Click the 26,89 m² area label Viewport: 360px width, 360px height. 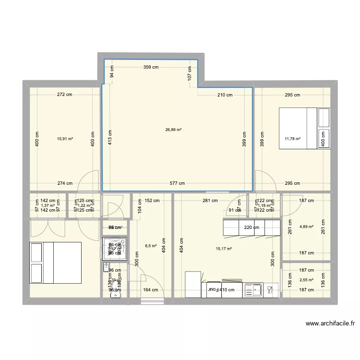tap(173, 129)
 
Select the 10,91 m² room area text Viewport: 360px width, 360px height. tap(65, 139)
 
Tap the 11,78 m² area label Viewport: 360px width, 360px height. tap(292, 139)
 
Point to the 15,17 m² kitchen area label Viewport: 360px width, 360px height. tap(224, 249)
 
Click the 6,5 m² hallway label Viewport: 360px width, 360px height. tap(150, 245)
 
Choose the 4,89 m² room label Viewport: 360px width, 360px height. tap(306, 227)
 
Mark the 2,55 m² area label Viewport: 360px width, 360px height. tap(306, 280)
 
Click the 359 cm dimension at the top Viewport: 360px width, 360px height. tap(150, 67)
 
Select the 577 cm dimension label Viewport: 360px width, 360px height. tap(178, 183)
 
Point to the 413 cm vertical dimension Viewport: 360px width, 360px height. tap(110, 139)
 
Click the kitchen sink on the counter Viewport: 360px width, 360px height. tap(252, 289)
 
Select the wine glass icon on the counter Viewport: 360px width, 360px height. tap(270, 289)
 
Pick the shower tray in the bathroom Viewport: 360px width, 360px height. tap(115, 248)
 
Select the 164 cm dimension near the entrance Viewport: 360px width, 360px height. tap(150, 289)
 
